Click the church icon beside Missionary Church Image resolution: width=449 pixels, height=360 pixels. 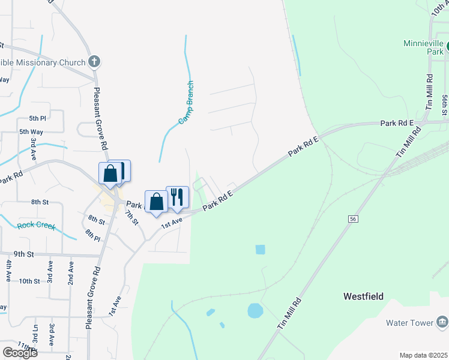coord(94,61)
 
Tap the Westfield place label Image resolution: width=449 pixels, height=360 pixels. coord(363,296)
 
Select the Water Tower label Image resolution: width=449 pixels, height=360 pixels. coord(409,323)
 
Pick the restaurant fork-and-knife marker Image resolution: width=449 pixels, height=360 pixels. coord(177,196)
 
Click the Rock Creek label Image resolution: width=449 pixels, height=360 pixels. coord(36,226)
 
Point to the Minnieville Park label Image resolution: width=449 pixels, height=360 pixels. coord(423,47)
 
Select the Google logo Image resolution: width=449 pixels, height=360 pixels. coord(20,352)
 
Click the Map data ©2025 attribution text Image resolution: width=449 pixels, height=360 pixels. coord(423,355)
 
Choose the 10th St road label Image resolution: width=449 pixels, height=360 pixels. coord(29,281)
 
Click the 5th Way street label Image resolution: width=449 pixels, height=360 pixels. coord(31,131)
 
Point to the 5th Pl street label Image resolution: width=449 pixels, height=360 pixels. coord(37,118)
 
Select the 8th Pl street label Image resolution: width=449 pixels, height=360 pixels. coord(92,235)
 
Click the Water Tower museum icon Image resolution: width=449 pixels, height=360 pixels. coord(442,322)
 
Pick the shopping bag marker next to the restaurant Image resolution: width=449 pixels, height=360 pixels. coord(156,201)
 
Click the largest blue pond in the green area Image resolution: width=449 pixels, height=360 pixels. coord(255,310)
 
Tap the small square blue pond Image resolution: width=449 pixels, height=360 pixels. coord(260,249)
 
